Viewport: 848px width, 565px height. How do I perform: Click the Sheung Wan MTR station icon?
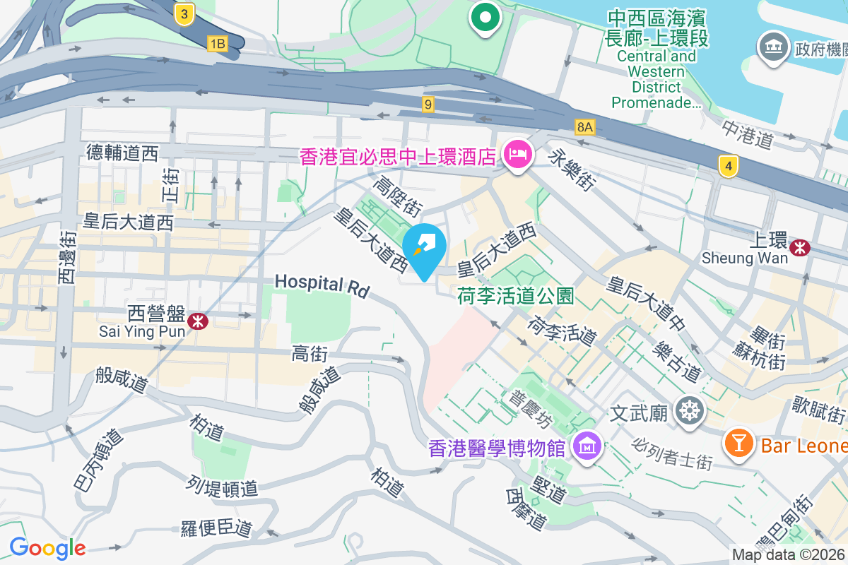coord(801,248)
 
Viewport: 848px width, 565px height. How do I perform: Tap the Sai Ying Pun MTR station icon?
coord(197,321)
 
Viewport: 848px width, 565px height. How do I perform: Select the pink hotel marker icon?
coord(517,155)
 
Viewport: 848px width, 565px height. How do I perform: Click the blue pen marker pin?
coord(424,247)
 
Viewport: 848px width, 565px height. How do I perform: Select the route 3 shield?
coord(184,14)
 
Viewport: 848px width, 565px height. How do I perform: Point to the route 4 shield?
coord(729,167)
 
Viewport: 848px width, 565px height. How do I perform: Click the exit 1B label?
coord(217,44)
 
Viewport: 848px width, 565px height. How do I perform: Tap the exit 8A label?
coord(585,127)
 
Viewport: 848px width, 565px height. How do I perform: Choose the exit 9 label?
coord(428,105)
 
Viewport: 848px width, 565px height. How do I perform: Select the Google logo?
coord(47,548)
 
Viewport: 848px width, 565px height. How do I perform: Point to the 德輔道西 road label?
coord(122,152)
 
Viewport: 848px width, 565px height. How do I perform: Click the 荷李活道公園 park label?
coord(515,295)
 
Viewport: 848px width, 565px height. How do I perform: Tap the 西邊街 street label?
coord(67,258)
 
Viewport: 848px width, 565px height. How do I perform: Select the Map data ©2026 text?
coord(788,555)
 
